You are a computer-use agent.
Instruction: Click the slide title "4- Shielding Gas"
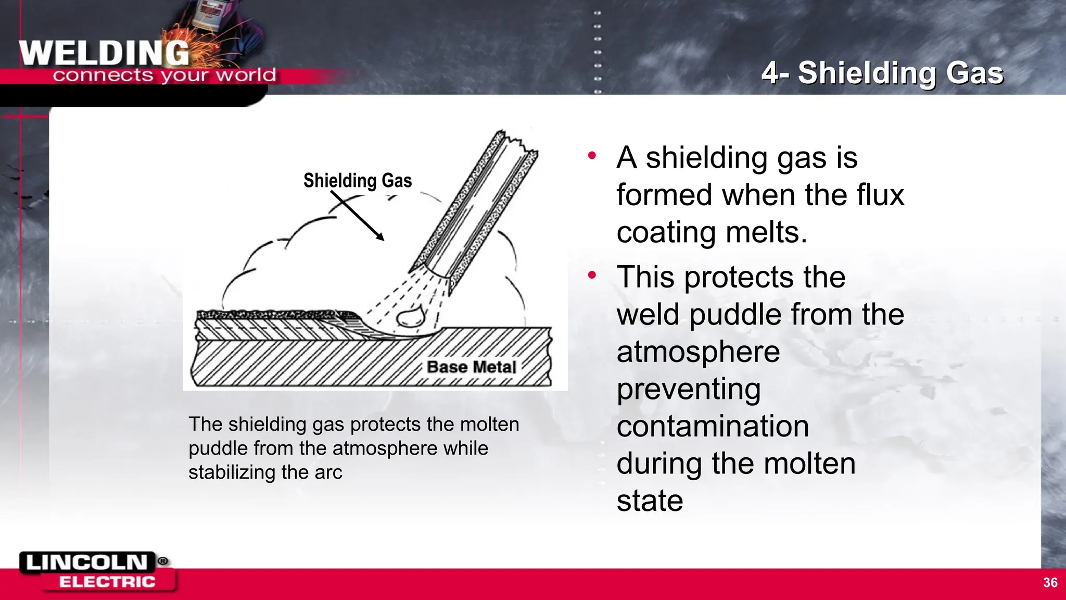tap(882, 73)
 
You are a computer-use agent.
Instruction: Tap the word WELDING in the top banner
tap(104, 53)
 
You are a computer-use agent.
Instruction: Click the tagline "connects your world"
tap(164, 76)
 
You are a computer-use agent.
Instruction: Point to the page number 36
tap(1050, 582)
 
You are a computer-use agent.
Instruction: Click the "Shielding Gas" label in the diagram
tap(358, 181)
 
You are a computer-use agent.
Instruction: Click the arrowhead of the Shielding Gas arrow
tap(382, 238)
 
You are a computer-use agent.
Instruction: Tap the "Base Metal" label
tap(471, 367)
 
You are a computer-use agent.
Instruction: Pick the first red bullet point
tap(592, 156)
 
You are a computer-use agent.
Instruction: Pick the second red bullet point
tap(592, 275)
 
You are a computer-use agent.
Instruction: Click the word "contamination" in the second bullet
tap(713, 426)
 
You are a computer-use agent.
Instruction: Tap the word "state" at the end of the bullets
tap(650, 501)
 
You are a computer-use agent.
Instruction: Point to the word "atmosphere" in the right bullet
tap(698, 352)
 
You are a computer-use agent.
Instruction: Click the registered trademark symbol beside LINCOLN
tap(163, 561)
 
